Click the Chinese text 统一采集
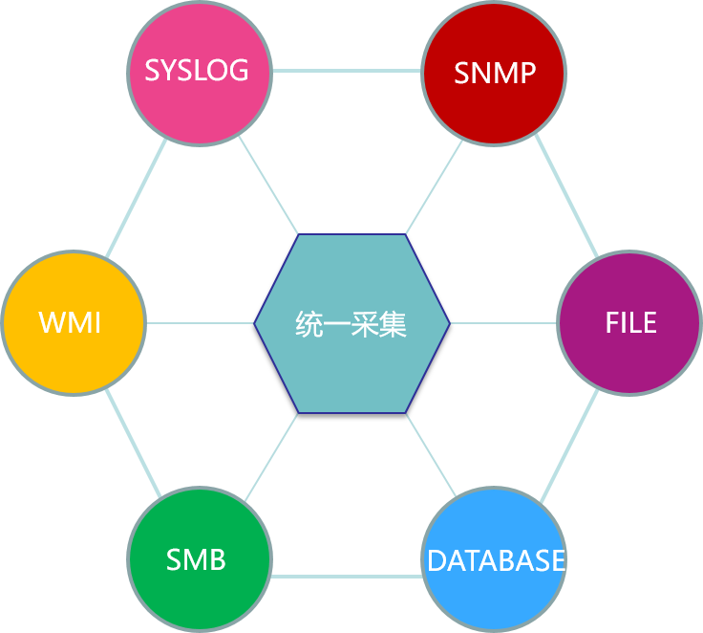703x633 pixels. click(x=351, y=324)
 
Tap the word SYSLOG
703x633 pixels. click(x=197, y=70)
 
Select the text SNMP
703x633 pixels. click(x=495, y=73)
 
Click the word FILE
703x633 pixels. click(x=630, y=322)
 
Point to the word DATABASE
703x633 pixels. click(x=496, y=560)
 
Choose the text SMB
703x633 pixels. click(x=196, y=559)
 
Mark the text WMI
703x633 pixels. click(x=71, y=322)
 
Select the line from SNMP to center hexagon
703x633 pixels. click(x=435, y=187)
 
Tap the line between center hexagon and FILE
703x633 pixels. click(x=503, y=323)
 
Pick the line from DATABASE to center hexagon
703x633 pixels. click(x=435, y=459)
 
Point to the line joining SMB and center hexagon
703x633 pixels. click(x=269, y=459)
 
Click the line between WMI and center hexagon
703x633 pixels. click(x=199, y=323)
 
